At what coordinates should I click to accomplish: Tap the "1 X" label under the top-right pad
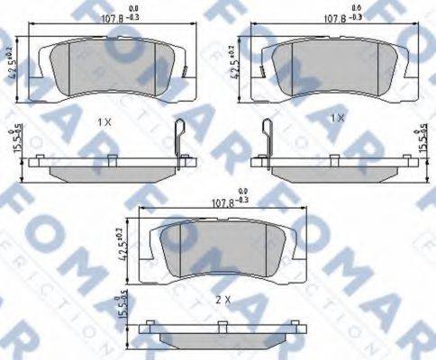(339, 118)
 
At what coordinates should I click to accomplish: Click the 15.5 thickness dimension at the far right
(422, 144)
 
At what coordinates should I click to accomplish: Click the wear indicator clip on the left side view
(180, 144)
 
